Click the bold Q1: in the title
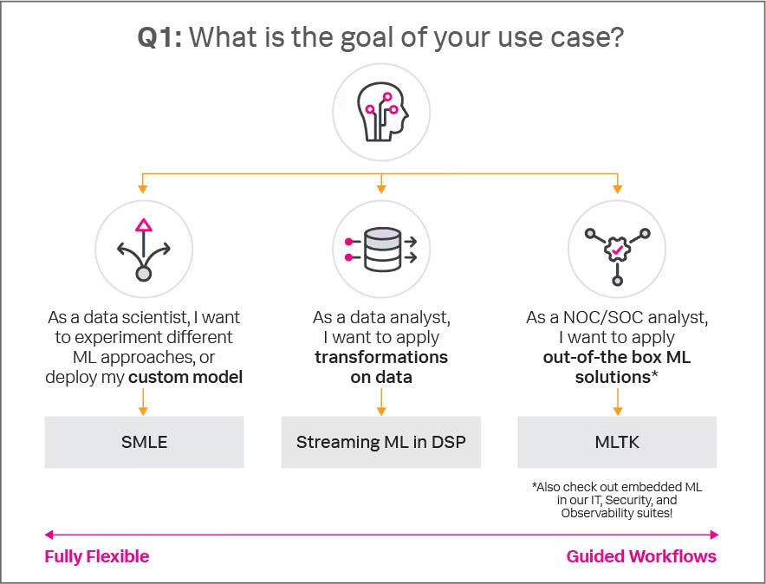tap(160, 37)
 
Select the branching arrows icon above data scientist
tap(144, 250)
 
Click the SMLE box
tap(144, 442)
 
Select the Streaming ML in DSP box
tap(381, 442)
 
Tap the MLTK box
tap(617, 442)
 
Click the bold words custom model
tap(185, 377)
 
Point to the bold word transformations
tap(381, 357)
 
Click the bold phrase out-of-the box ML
tap(617, 357)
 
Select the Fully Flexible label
tap(97, 556)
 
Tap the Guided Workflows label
tap(641, 556)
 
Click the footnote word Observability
tap(598, 514)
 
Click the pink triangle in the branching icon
tap(144, 225)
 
